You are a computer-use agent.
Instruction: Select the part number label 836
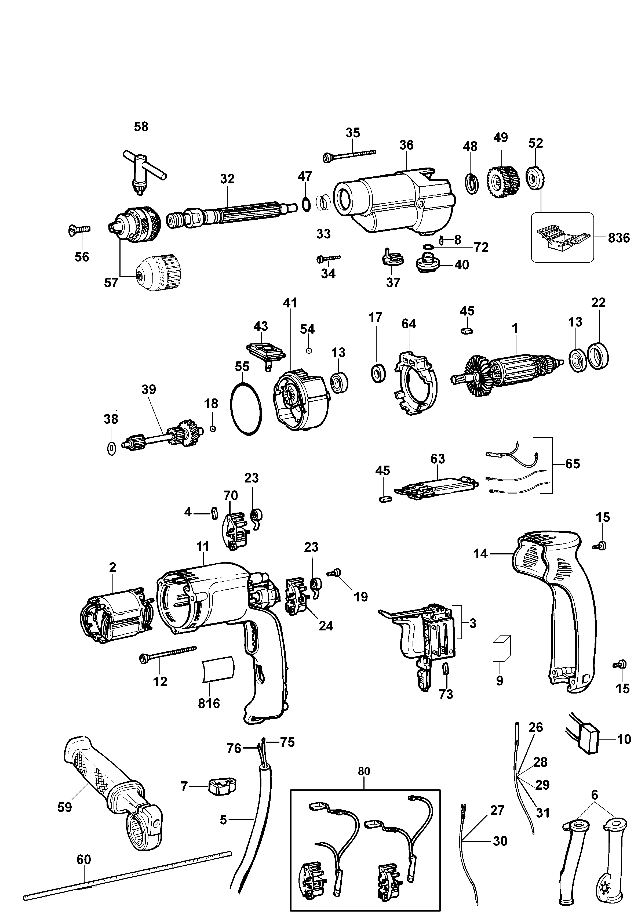pyautogui.click(x=618, y=238)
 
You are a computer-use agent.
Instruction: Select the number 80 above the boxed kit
pyautogui.click(x=363, y=771)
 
